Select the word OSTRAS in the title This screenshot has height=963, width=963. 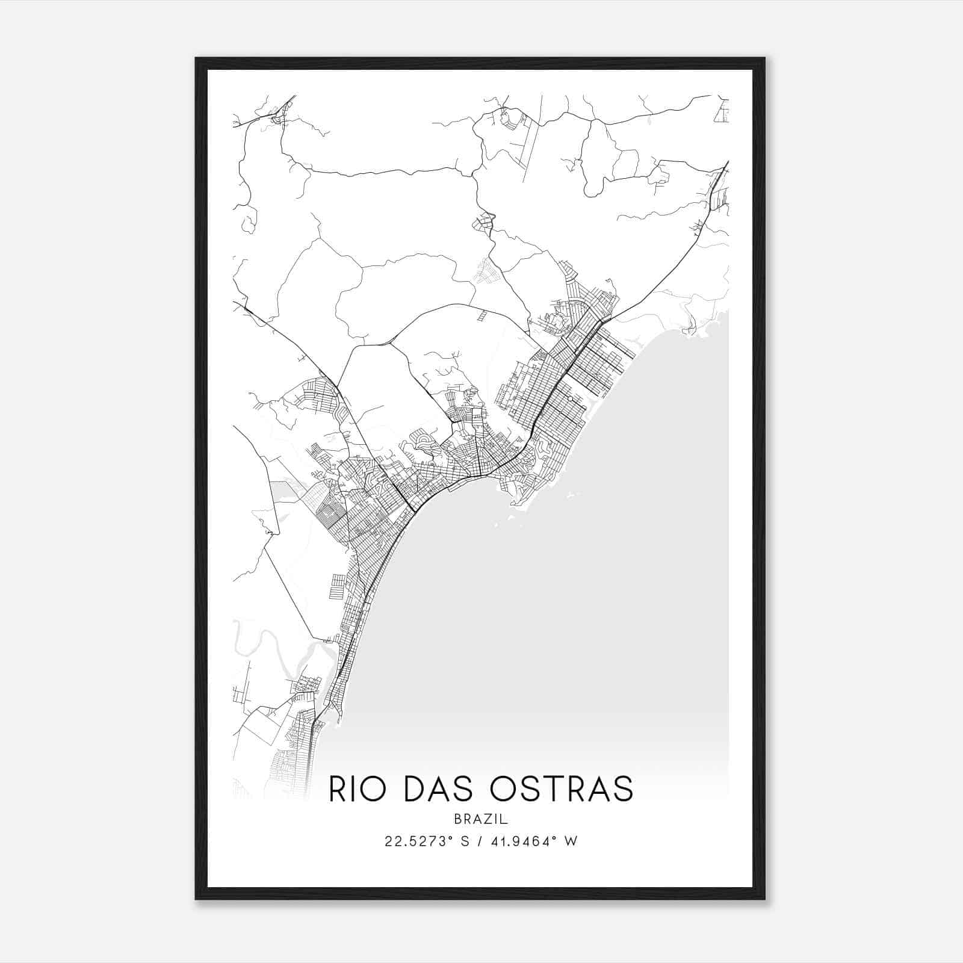pyautogui.click(x=562, y=789)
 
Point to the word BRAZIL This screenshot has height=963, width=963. pyautogui.click(x=481, y=819)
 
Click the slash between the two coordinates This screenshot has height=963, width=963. pyautogui.click(x=481, y=841)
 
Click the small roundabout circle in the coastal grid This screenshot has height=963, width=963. pyautogui.click(x=569, y=398)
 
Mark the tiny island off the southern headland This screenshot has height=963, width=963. pyautogui.click(x=569, y=496)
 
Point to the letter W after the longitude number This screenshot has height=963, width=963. pyautogui.click(x=572, y=841)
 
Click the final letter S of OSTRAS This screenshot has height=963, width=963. pyautogui.click(x=624, y=789)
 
